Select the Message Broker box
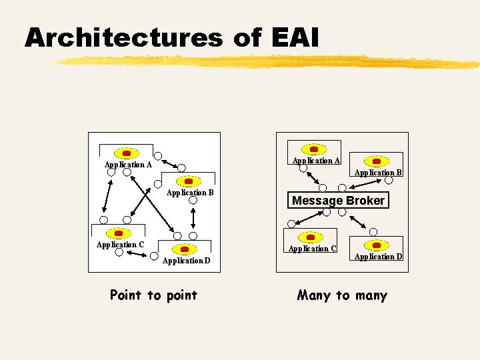click(338, 201)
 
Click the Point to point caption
click(153, 295)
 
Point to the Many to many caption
click(342, 295)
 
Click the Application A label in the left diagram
click(128, 165)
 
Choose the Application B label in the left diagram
click(190, 193)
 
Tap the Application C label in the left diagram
click(120, 245)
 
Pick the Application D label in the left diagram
click(186, 261)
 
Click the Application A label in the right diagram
click(316, 161)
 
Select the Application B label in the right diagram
click(378, 173)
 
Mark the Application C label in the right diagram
click(312, 249)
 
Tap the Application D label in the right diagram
click(378, 257)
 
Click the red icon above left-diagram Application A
click(126, 153)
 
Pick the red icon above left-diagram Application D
click(185, 249)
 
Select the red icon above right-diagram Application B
click(377, 161)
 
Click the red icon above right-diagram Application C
click(311, 237)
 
